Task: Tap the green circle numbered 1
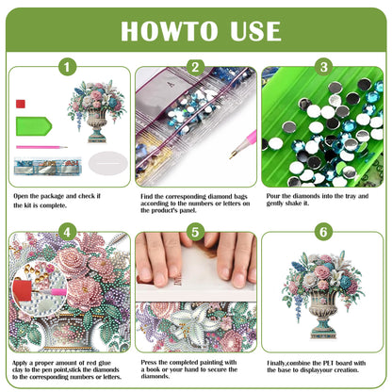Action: pyautogui.click(x=67, y=67)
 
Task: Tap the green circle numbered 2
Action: pyautogui.click(x=195, y=67)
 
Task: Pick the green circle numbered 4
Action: pyautogui.click(x=67, y=231)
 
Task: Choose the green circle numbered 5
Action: pyautogui.click(x=195, y=231)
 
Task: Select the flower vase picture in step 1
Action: pyautogui.click(x=96, y=109)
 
